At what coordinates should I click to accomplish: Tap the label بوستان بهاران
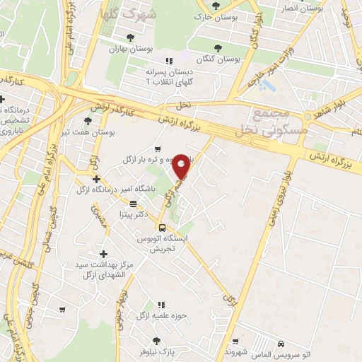[x=127, y=49]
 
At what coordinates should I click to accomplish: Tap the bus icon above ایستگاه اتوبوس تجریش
[x=163, y=228]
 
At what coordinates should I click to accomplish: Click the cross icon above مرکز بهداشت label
[x=103, y=254]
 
